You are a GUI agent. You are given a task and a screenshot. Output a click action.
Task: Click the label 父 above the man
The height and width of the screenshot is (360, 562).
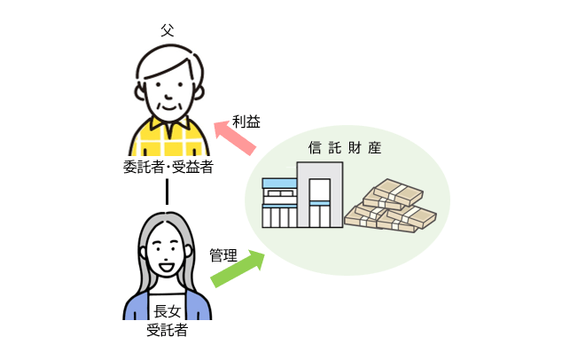coord(168,30)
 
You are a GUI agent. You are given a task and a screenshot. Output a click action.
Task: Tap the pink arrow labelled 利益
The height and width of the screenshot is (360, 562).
coord(235,138)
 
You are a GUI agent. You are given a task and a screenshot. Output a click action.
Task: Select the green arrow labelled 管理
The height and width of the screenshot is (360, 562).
coord(238,269)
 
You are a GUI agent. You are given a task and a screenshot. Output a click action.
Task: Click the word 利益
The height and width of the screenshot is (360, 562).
coord(246,121)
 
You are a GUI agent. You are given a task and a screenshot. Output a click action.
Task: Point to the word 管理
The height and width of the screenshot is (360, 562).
coord(223,255)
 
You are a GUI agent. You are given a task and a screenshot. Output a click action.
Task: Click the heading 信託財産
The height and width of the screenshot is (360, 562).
coord(345,148)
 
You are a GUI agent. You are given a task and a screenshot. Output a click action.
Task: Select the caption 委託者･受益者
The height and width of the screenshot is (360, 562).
coord(168,167)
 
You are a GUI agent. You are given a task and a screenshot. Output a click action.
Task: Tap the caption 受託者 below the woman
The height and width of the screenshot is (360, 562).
coord(167,330)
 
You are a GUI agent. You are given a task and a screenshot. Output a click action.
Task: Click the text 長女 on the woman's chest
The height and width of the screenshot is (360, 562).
coord(167,311)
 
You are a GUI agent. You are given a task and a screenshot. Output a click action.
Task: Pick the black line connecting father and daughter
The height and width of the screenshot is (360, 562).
coord(167,192)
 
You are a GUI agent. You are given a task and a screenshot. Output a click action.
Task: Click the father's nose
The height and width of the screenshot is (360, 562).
coord(168,96)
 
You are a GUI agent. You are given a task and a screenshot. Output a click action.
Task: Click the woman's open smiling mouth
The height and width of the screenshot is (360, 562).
coord(167,268)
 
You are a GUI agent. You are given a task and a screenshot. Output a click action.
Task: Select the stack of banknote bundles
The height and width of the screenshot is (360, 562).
coord(390,206)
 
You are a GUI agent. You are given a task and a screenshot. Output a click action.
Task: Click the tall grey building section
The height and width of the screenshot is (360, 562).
coord(320,195)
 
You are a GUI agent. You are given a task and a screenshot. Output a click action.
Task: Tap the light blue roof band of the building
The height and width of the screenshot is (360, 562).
coord(279,184)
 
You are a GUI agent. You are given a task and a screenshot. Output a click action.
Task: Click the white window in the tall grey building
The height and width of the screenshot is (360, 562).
coord(320,190)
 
